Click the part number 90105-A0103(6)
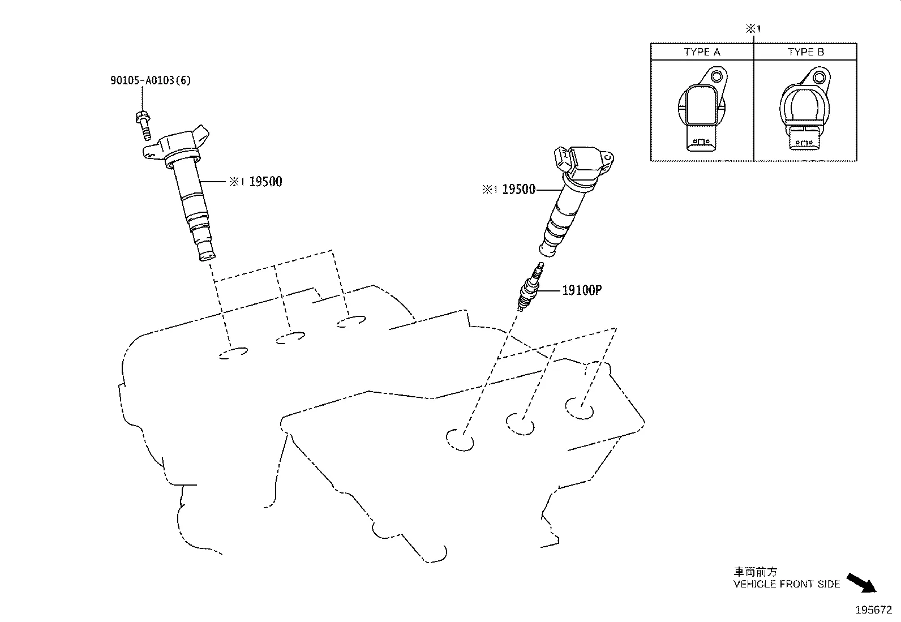(x=150, y=80)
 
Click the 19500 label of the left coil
(x=265, y=182)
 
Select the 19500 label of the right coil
(x=518, y=190)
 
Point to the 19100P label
(x=581, y=290)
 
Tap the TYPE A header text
(x=702, y=52)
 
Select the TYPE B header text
(x=805, y=52)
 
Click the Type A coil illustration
(x=702, y=110)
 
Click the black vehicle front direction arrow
(x=861, y=583)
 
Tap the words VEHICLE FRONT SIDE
(x=787, y=584)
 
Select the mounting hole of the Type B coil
(x=820, y=76)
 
